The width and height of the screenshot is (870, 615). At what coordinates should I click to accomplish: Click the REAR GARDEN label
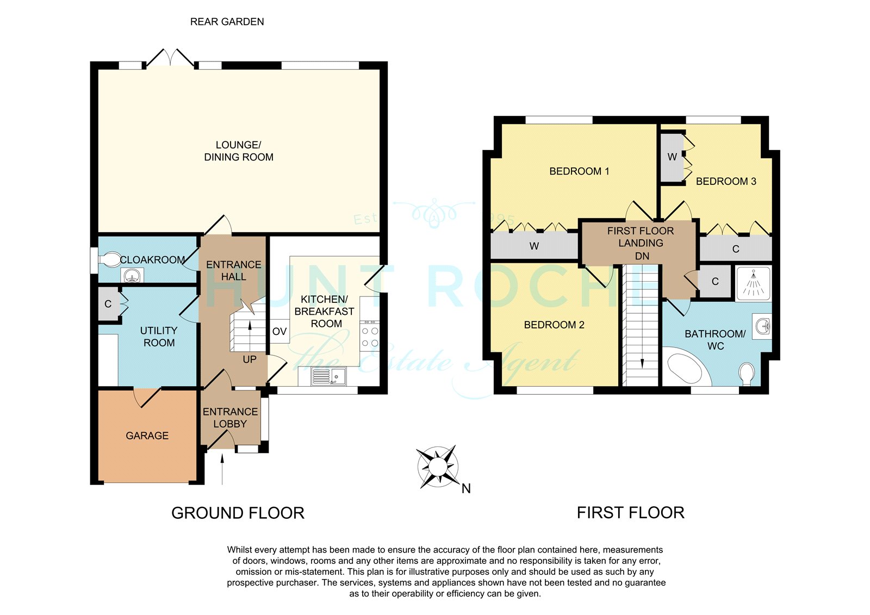point(227,22)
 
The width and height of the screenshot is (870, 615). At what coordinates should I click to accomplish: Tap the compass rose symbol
point(438,466)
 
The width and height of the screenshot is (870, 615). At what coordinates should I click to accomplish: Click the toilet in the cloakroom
point(110,259)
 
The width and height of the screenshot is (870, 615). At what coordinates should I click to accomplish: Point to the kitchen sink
point(328,376)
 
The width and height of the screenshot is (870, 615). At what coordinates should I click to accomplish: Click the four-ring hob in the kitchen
point(369,336)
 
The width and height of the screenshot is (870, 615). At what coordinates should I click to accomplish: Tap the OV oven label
point(279,331)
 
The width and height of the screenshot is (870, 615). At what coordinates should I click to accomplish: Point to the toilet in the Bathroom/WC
point(746,374)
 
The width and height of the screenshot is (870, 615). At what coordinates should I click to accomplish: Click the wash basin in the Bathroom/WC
point(762,326)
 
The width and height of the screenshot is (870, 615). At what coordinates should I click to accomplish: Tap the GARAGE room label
point(147,436)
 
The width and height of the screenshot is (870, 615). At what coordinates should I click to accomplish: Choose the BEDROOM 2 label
point(554,325)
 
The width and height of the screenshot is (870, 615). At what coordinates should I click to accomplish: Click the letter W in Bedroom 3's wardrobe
point(672,157)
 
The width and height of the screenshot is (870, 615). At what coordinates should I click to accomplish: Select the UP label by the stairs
point(250,359)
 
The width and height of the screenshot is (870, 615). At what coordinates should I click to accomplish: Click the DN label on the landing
point(642,256)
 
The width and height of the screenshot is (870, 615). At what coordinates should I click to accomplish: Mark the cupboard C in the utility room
point(108,304)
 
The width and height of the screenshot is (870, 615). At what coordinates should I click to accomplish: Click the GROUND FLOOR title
point(238,513)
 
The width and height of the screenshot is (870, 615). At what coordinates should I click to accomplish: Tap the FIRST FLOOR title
point(630,513)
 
